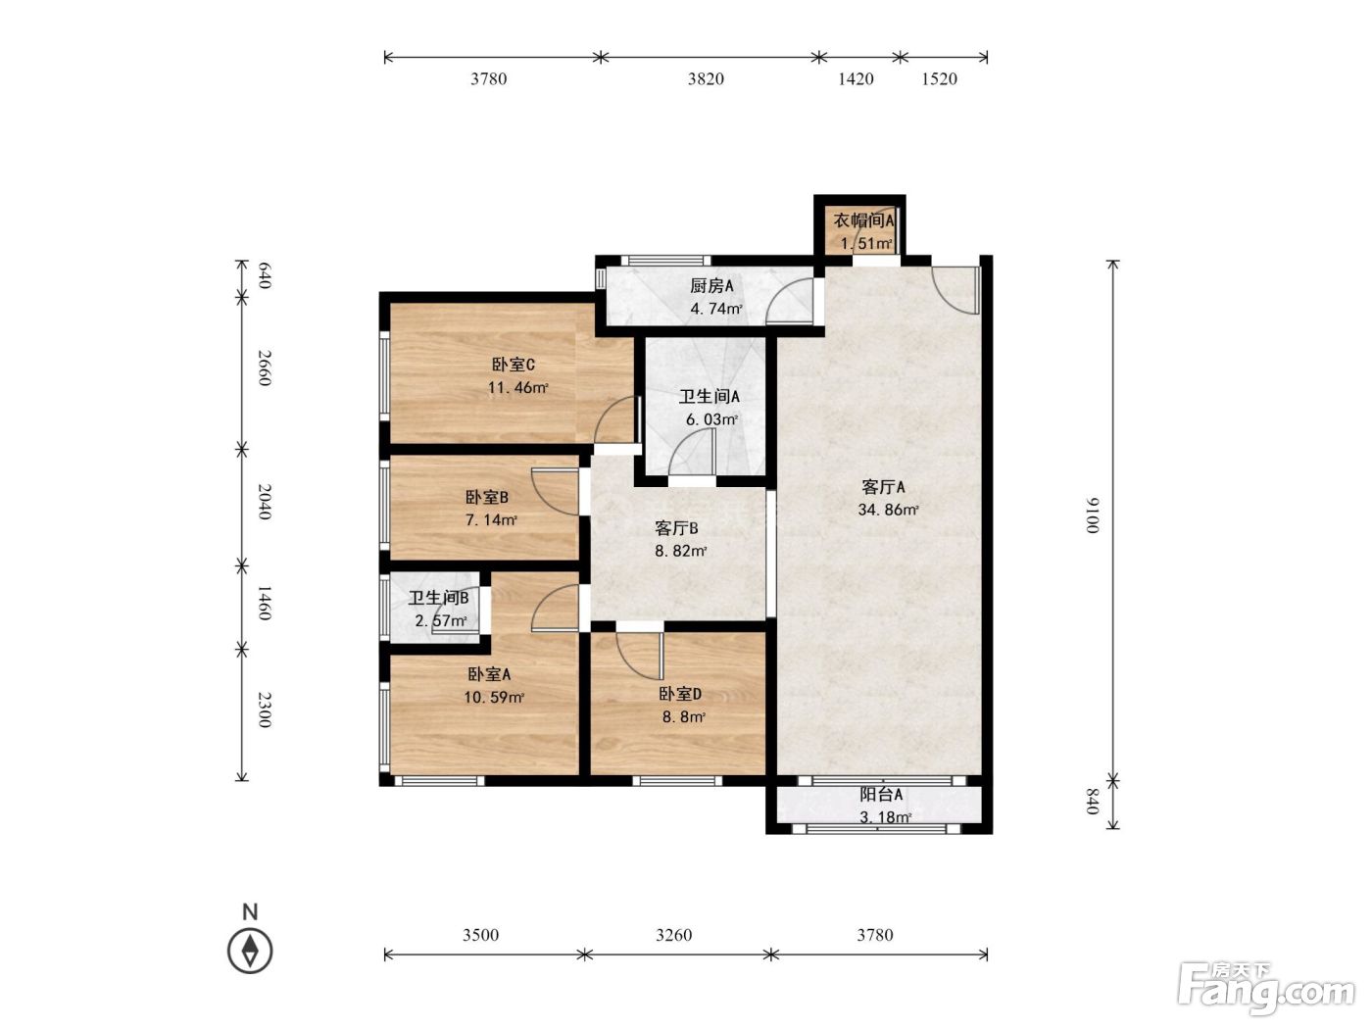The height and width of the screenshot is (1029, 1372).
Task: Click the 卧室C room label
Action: click(514, 365)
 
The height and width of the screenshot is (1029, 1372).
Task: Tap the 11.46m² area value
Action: click(517, 387)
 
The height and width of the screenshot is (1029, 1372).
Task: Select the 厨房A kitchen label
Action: click(711, 285)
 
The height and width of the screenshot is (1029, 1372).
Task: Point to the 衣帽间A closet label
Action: click(863, 220)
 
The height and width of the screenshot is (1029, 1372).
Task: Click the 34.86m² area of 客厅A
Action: click(888, 510)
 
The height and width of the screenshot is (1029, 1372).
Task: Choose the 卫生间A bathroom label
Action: click(710, 396)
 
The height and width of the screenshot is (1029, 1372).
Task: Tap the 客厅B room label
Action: click(676, 528)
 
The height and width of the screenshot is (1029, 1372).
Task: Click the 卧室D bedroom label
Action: click(680, 694)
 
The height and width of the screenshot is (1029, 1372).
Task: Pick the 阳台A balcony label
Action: click(881, 794)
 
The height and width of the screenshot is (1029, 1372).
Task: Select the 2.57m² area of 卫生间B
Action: click(441, 621)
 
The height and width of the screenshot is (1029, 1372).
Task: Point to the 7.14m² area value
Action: click(491, 519)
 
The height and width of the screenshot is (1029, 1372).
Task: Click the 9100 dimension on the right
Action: click(1092, 515)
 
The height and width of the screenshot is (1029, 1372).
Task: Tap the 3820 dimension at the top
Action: click(706, 78)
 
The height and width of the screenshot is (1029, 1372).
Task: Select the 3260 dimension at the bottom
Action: click(674, 935)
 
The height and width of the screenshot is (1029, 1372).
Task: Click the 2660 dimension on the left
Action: click(265, 368)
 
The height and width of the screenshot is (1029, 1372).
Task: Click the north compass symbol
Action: click(250, 951)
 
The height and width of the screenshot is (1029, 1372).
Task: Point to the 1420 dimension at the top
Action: click(856, 78)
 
